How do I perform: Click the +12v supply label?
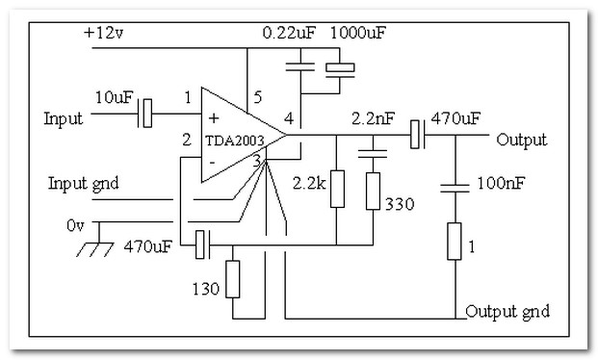pyautogui.click(x=103, y=33)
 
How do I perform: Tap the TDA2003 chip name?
pyautogui.click(x=235, y=141)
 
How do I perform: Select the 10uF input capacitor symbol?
pyautogui.click(x=145, y=114)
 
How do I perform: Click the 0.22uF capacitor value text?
pyautogui.click(x=289, y=33)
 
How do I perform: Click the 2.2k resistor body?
pyautogui.click(x=337, y=189)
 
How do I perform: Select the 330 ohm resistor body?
pyautogui.click(x=373, y=191)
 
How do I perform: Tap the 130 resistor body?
pyautogui.click(x=233, y=279)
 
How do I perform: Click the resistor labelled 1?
pyautogui.click(x=455, y=242)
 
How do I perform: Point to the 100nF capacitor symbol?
pyautogui.click(x=455, y=188)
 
